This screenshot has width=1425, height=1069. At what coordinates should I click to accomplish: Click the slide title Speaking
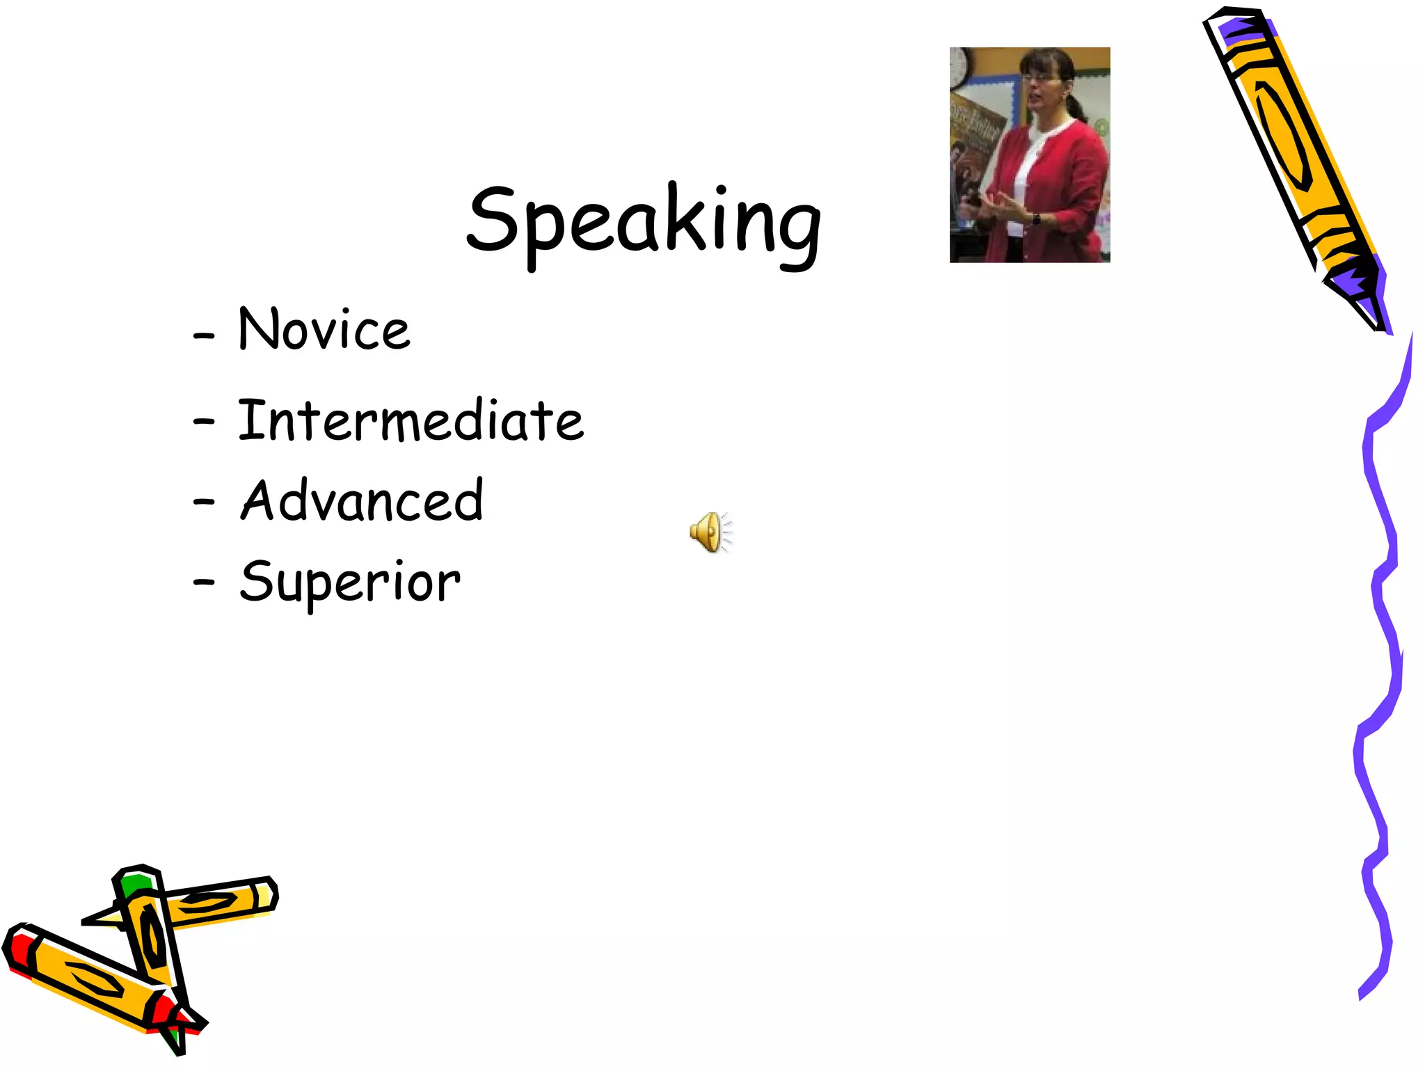pos(644,221)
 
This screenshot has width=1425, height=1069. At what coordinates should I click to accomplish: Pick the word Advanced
pos(362,500)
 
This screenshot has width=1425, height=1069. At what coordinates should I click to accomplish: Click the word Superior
pos(349,582)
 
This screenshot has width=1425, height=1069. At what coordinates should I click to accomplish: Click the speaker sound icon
pos(710,532)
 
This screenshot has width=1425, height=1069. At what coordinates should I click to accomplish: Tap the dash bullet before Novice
pos(204,336)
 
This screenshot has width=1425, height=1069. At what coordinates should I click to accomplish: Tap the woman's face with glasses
pos(1044,87)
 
